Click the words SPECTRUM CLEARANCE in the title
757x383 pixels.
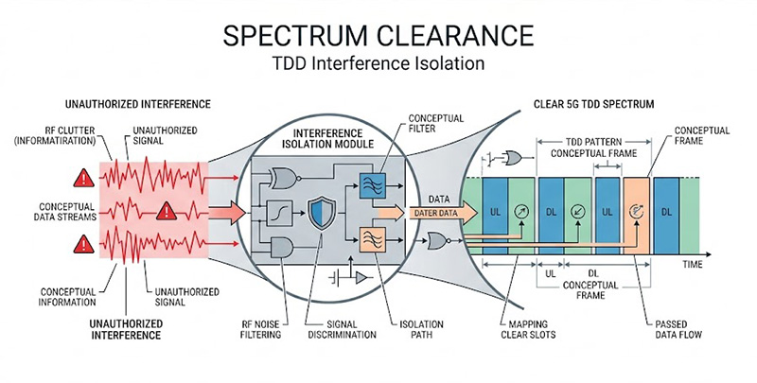[x=378, y=36]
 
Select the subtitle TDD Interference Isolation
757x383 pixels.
[x=378, y=67]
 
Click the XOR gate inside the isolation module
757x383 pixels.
[x=283, y=176]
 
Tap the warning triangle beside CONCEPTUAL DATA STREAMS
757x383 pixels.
[x=166, y=210]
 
